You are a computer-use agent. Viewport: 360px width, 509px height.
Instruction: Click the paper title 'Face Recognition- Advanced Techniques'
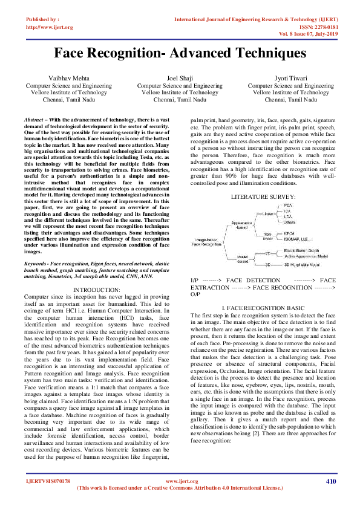[180, 53]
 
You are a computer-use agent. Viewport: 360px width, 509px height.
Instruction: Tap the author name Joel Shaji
[180, 79]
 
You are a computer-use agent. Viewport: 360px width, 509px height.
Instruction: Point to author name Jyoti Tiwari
[291, 79]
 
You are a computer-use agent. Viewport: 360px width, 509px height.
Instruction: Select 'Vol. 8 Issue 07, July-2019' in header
[314, 35]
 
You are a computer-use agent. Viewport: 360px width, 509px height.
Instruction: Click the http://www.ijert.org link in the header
[50, 27]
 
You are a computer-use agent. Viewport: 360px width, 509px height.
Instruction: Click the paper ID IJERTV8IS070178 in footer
[48, 482]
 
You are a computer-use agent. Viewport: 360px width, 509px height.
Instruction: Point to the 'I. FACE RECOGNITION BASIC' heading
[263, 308]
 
